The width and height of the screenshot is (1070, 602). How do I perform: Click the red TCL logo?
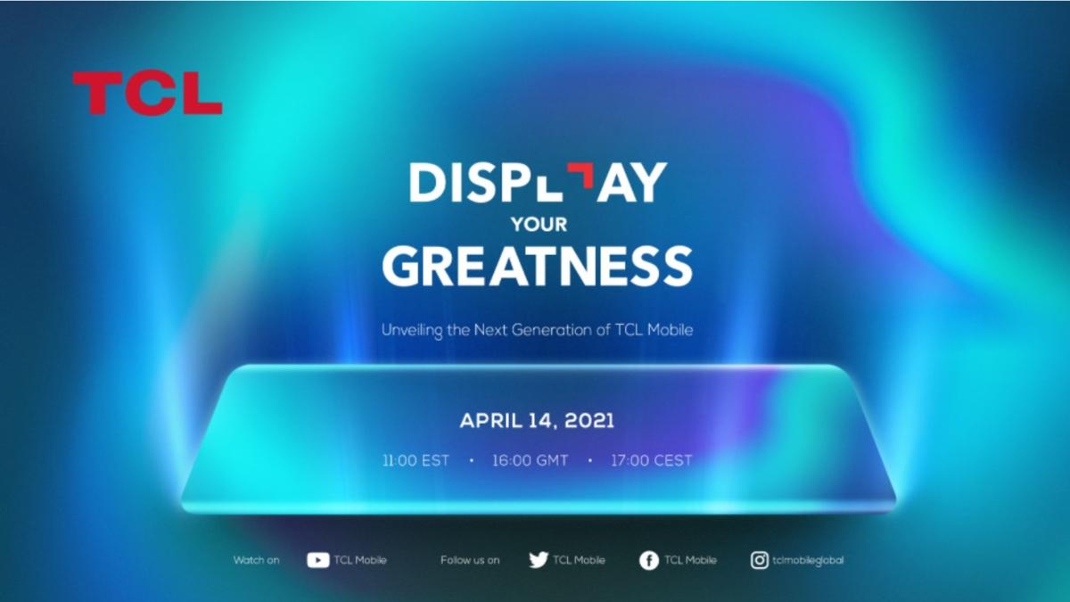coord(147,93)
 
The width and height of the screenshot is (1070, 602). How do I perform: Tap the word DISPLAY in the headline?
coord(538,183)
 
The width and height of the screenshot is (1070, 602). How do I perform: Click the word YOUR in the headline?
coord(539,224)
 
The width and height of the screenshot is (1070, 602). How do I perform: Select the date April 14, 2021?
coord(537,421)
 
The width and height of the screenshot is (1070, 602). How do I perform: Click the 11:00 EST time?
coord(416,461)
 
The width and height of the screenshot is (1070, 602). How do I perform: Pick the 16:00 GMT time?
coord(530,461)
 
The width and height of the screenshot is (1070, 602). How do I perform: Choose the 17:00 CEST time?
coord(652,461)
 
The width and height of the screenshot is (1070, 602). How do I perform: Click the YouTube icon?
coord(317,560)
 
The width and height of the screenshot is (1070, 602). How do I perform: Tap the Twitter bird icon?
coord(538,560)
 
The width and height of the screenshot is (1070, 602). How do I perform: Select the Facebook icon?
coord(649,561)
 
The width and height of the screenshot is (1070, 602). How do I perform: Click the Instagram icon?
coord(760,560)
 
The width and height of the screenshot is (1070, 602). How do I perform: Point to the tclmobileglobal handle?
coord(808,560)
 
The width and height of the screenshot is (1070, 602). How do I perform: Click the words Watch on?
coord(256,560)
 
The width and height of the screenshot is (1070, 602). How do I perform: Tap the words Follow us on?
coord(470,560)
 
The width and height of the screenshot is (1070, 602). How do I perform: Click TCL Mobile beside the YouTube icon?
coord(360,560)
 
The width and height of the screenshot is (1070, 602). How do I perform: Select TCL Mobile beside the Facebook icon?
coord(690,560)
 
